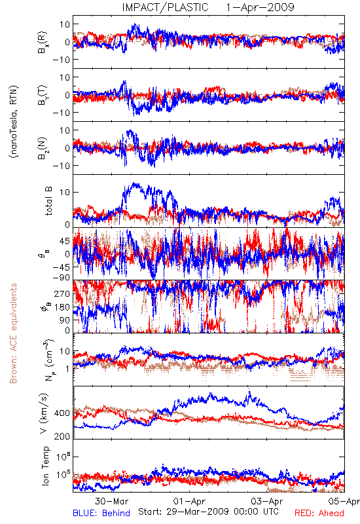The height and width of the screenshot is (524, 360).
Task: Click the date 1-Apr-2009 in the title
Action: (260, 7)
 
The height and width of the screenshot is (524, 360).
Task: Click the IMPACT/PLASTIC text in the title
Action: (166, 7)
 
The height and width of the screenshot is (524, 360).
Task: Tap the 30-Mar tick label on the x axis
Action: (111, 501)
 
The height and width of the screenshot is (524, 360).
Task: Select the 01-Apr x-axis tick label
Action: (189, 501)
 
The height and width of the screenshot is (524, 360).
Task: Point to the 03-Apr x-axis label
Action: (267, 501)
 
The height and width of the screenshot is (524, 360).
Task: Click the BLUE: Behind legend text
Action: (101, 513)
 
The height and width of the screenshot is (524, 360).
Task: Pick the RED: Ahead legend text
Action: (319, 513)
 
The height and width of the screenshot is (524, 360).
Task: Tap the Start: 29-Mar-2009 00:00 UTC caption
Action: (209, 512)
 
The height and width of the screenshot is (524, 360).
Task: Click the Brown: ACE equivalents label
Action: (13, 333)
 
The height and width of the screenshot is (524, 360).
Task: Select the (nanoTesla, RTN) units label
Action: (14, 122)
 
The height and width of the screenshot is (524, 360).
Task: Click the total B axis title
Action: (48, 200)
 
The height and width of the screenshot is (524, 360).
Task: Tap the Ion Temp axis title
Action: (45, 466)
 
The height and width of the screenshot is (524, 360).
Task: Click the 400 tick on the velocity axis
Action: (62, 413)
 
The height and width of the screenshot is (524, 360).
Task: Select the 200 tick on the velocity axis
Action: (62, 436)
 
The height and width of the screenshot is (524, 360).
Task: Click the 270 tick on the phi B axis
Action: (63, 293)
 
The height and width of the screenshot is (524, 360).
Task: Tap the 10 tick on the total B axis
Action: (65, 192)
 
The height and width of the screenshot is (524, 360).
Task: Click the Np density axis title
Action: (48, 360)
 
